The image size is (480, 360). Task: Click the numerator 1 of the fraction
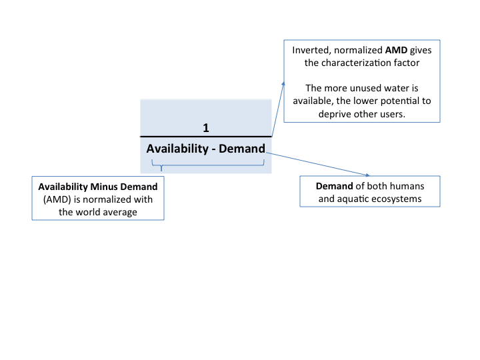tap(206, 127)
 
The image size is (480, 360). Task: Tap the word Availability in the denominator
tap(177, 149)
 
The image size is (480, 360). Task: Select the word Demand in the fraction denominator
tap(242, 149)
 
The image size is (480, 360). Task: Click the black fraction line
tap(206, 136)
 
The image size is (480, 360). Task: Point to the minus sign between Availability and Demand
tap(213, 150)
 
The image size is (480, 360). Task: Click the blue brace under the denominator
tap(208, 165)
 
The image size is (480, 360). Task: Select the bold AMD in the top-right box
tap(396, 50)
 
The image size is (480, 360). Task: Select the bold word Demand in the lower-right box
tap(334, 186)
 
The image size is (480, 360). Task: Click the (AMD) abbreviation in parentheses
tap(57, 199)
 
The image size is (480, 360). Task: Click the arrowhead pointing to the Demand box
tap(367, 175)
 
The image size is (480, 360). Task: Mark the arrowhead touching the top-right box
tap(283, 83)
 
